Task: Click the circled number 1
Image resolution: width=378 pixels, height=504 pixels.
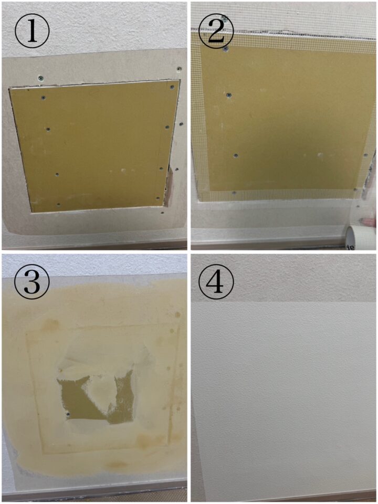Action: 32,31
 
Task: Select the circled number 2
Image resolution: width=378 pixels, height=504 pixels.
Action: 216,31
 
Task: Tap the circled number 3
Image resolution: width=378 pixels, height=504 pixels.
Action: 32,282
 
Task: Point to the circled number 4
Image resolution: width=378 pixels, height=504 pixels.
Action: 216,282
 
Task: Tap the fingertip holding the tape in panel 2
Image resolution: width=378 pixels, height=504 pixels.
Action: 369,222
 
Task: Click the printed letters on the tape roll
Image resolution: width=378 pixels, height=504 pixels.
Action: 351,247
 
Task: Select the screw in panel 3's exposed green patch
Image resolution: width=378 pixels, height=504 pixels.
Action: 68,415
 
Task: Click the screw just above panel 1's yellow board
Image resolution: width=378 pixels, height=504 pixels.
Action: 40,78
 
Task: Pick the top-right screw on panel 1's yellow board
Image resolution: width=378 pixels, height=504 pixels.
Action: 172,87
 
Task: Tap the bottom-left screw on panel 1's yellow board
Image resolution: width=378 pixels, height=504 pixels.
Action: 58,204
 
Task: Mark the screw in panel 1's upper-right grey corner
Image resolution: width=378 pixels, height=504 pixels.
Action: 179,69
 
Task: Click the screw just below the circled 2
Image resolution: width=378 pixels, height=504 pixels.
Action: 226,49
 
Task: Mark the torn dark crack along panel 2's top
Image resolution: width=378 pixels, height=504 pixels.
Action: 283,32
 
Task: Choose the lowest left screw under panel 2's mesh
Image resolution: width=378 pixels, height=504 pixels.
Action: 234,193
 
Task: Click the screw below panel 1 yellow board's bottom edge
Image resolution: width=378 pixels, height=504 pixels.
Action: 162,213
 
